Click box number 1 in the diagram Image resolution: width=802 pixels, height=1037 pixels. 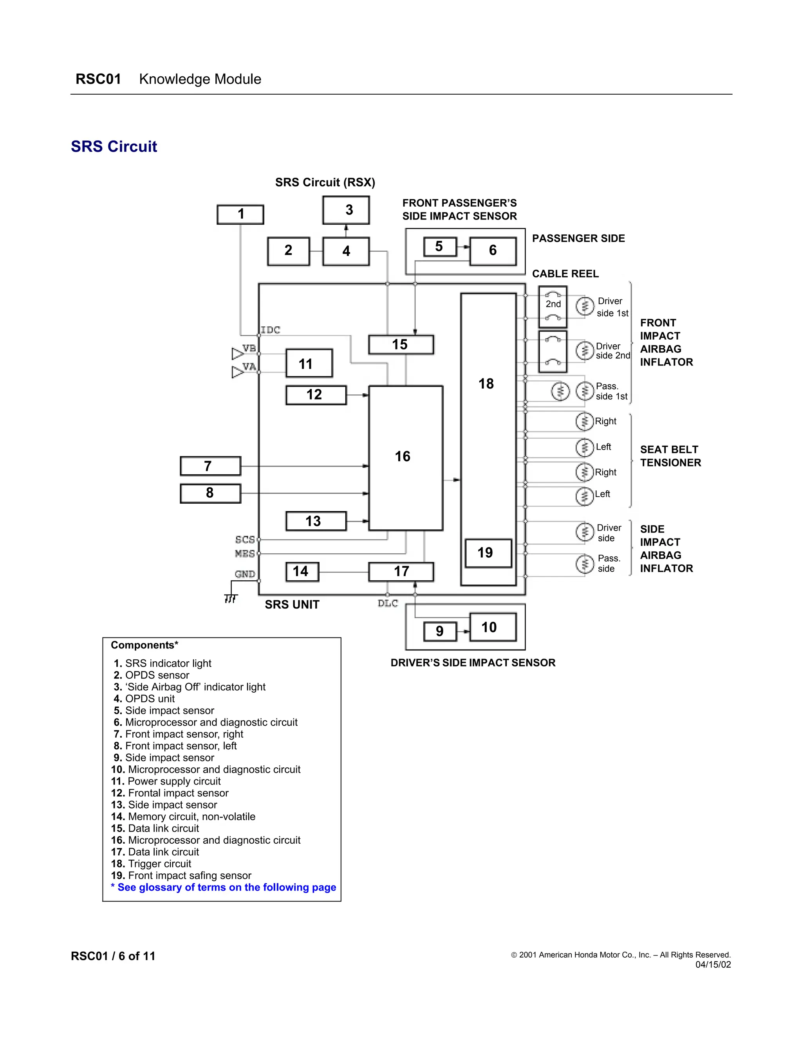coord(240,214)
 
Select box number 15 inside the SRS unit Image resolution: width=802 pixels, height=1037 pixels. coord(401,344)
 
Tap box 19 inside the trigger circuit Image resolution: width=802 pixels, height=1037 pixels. coord(488,553)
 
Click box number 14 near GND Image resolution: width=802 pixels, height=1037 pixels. coord(302,571)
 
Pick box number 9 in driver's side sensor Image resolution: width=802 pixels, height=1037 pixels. coord(439,631)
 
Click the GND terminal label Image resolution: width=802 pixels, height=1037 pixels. coord(245,574)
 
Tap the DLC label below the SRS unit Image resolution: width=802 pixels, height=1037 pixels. coord(388,603)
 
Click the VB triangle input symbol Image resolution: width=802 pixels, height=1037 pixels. coord(237,354)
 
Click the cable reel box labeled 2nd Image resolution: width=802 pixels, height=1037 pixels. coord(553,306)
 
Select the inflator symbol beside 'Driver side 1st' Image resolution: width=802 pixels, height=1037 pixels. coord(584,306)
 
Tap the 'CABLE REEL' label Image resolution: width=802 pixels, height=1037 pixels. coord(565,274)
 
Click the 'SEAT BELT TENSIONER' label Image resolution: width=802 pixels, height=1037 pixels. coord(670,456)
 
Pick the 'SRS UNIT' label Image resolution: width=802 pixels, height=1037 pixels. coord(292,605)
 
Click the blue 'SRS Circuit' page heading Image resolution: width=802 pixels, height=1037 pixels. coord(114,146)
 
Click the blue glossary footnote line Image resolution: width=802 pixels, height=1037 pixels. coord(223,887)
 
